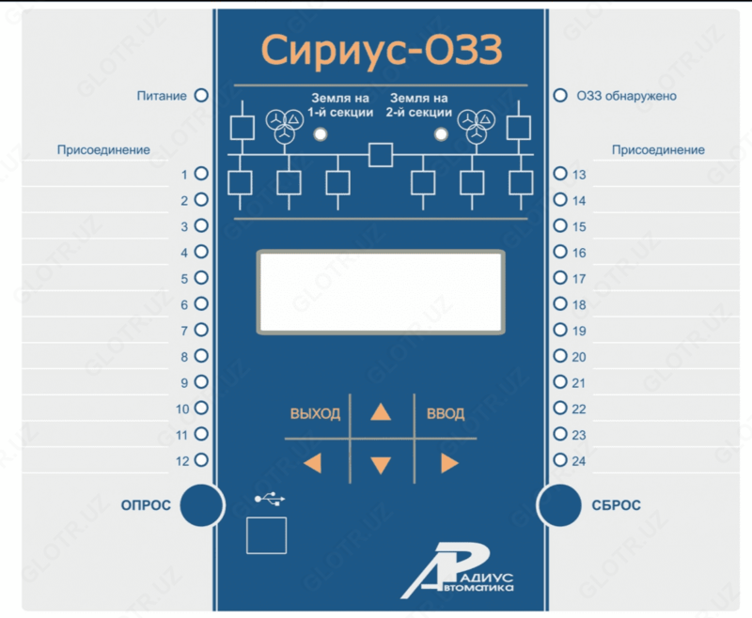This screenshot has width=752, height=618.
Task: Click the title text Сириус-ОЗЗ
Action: (380, 50)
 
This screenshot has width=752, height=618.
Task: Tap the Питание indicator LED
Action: (200, 96)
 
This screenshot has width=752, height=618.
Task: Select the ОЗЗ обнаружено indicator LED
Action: (560, 96)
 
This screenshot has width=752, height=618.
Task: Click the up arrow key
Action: (380, 411)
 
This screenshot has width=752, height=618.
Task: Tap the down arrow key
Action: (380, 463)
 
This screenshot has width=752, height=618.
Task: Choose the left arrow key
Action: (313, 462)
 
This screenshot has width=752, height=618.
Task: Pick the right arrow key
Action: (448, 462)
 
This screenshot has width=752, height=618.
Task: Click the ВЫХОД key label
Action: (315, 414)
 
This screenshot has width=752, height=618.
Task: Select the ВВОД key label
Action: (445, 414)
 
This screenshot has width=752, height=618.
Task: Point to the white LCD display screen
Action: (381, 291)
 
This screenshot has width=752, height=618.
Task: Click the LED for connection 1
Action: (200, 175)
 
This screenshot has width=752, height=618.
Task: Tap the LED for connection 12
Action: (200, 460)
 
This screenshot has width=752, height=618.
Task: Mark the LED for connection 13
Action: (560, 175)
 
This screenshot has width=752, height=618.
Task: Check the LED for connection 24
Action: (560, 460)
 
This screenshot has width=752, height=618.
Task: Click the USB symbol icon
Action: (266, 498)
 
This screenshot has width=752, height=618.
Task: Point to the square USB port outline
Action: (266, 534)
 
